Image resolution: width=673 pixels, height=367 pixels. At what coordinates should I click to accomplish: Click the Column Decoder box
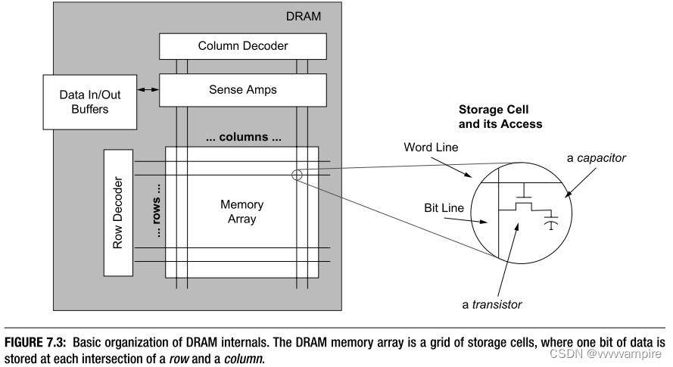(x=243, y=46)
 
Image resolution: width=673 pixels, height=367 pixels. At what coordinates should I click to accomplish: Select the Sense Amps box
(x=243, y=89)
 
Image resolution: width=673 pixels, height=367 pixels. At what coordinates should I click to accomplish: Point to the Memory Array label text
(x=241, y=211)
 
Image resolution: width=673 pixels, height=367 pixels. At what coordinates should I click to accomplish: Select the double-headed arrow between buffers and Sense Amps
(x=148, y=90)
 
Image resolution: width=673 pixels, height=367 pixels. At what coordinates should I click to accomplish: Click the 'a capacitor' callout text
(x=597, y=157)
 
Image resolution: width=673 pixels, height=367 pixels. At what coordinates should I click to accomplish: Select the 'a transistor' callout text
(x=492, y=304)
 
